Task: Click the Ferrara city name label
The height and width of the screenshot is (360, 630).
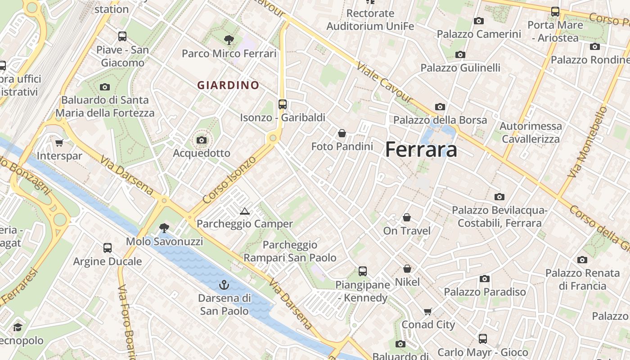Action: pyautogui.click(x=421, y=149)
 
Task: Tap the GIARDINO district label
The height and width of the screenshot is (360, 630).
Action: pyautogui.click(x=229, y=85)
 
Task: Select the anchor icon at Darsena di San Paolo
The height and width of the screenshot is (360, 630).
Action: pyautogui.click(x=224, y=285)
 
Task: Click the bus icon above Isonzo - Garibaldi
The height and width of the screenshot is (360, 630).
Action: pyautogui.click(x=283, y=104)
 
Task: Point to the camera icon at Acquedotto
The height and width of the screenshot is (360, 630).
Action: pyautogui.click(x=202, y=140)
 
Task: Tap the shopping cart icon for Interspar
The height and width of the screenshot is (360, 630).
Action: pyautogui.click(x=59, y=143)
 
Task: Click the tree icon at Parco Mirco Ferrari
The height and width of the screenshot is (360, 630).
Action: pyautogui.click(x=229, y=40)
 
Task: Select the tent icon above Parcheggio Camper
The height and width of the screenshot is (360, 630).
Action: pyautogui.click(x=245, y=211)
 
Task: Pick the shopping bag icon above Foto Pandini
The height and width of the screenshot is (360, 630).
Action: pyautogui.click(x=342, y=133)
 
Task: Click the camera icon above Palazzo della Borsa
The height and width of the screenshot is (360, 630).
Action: pyautogui.click(x=440, y=107)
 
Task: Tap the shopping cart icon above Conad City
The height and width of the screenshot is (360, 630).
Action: pyautogui.click(x=428, y=311)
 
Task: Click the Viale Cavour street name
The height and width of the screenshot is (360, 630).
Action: pyautogui.click(x=384, y=82)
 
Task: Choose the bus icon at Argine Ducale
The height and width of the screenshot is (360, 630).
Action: pyautogui.click(x=108, y=247)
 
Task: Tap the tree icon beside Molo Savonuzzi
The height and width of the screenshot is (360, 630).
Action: pyautogui.click(x=164, y=228)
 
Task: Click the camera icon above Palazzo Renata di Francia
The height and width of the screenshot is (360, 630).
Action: pyautogui.click(x=582, y=260)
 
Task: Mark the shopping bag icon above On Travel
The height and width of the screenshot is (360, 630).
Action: pyautogui.click(x=407, y=218)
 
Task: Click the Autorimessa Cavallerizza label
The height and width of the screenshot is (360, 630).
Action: pyautogui.click(x=531, y=132)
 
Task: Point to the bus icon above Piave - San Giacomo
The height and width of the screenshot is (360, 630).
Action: pyautogui.click(x=122, y=36)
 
